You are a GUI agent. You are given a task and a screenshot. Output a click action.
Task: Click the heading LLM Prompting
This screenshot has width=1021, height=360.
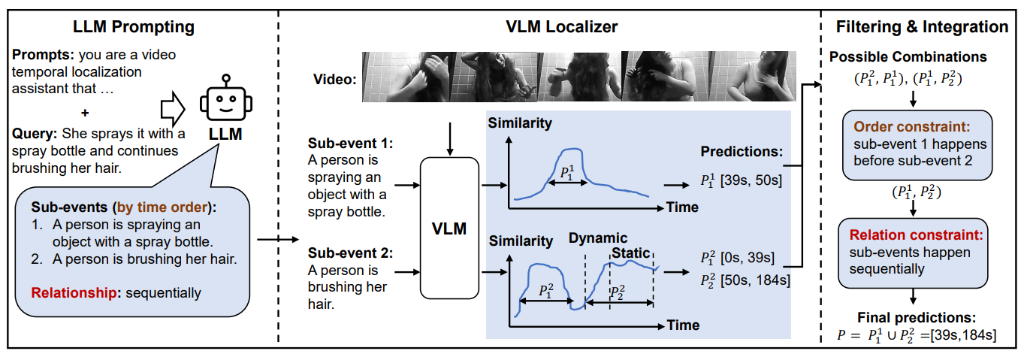[134, 28]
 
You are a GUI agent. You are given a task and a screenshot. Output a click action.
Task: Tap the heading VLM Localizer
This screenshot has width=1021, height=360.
[561, 28]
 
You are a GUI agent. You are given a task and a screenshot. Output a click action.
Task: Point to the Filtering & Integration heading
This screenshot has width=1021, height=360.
[922, 28]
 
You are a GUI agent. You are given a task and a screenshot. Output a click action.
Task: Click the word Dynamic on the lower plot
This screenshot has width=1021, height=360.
[597, 239]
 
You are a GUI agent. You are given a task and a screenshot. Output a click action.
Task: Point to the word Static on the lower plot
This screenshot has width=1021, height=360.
[630, 253]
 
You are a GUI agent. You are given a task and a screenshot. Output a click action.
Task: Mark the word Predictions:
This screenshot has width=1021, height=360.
[741, 152]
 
